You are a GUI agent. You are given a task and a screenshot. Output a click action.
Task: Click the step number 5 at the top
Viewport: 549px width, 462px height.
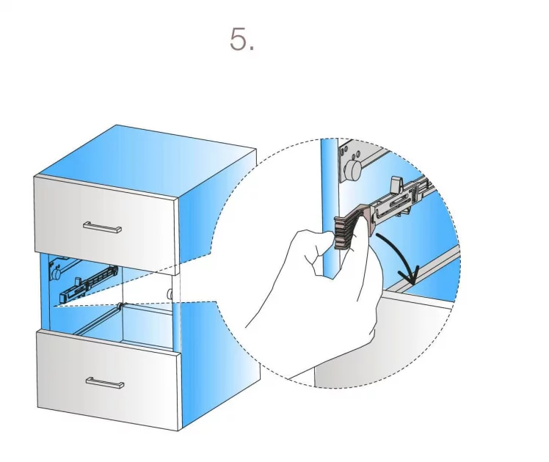tap(241, 39)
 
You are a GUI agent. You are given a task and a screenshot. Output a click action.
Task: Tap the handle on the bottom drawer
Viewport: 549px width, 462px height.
tap(105, 383)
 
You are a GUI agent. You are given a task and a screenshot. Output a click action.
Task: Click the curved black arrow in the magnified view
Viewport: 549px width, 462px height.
tap(399, 259)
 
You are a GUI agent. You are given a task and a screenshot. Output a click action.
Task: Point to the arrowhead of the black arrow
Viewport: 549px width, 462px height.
tap(412, 276)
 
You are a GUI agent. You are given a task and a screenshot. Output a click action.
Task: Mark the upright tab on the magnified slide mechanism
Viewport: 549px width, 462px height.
tap(396, 185)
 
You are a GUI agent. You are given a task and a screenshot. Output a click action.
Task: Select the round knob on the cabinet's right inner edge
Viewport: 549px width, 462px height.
tap(170, 294)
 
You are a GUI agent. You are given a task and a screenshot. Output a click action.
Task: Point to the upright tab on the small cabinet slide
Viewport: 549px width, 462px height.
tap(77, 282)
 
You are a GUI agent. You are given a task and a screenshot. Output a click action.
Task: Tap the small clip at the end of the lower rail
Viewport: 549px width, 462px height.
tap(120, 307)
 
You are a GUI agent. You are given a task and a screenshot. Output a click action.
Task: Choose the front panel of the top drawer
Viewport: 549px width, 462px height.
tap(106, 224)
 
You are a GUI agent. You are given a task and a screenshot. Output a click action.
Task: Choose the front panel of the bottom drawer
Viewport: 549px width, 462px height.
tap(109, 379)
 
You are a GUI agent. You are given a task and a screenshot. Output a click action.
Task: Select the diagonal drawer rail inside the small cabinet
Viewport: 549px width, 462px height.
tap(98, 320)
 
